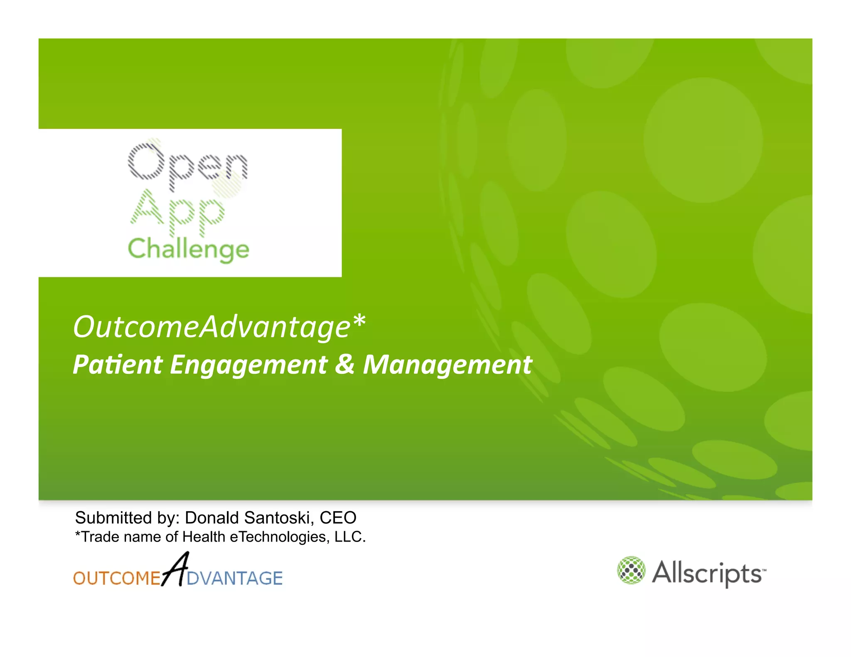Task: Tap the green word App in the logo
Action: tap(177, 212)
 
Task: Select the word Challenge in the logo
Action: tap(188, 249)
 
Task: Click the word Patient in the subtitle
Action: tap(118, 365)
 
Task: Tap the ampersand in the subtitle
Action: tap(345, 364)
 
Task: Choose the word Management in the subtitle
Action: tap(448, 365)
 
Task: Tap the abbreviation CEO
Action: tap(338, 518)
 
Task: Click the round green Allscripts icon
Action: tap(631, 570)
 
